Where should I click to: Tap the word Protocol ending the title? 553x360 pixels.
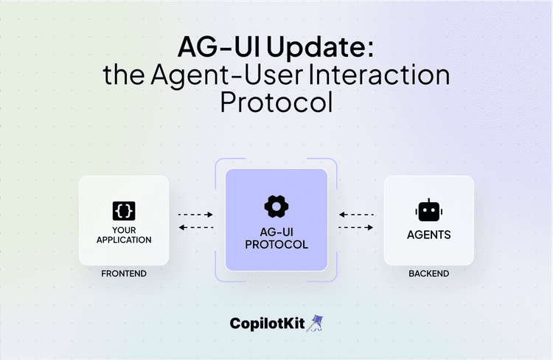276,102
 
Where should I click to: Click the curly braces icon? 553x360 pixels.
124,211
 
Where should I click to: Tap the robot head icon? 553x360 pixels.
428,210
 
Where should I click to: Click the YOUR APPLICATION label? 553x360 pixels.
124,235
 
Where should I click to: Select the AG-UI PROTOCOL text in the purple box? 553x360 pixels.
276,238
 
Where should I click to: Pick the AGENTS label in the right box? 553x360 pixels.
428,236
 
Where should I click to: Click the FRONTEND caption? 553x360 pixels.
124,274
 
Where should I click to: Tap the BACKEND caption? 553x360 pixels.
428,274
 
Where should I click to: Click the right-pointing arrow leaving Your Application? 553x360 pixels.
195,215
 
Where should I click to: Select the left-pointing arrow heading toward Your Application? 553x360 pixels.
195,227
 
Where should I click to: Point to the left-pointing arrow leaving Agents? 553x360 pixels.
356,215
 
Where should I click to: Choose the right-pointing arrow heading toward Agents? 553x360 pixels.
356,227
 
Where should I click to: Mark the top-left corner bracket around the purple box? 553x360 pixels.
220,164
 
